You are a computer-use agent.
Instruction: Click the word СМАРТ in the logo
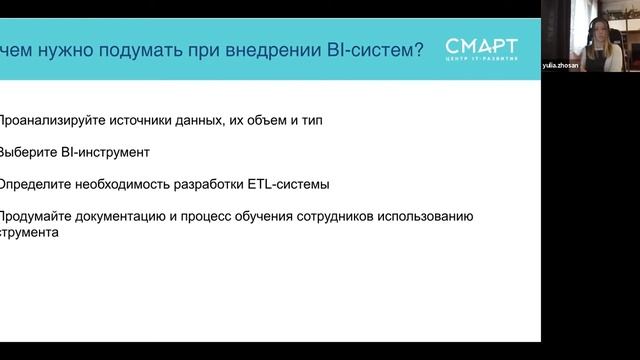[x=482, y=45]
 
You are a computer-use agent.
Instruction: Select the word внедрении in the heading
[x=279, y=48]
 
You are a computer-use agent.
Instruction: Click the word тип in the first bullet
[x=328, y=121]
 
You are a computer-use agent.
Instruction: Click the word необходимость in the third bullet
[x=123, y=185]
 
